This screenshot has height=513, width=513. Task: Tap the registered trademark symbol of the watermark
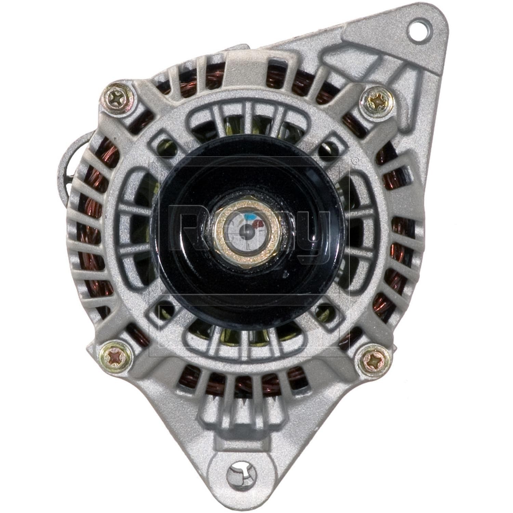pos(356,160)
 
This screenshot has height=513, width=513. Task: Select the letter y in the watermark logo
pos(313,236)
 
